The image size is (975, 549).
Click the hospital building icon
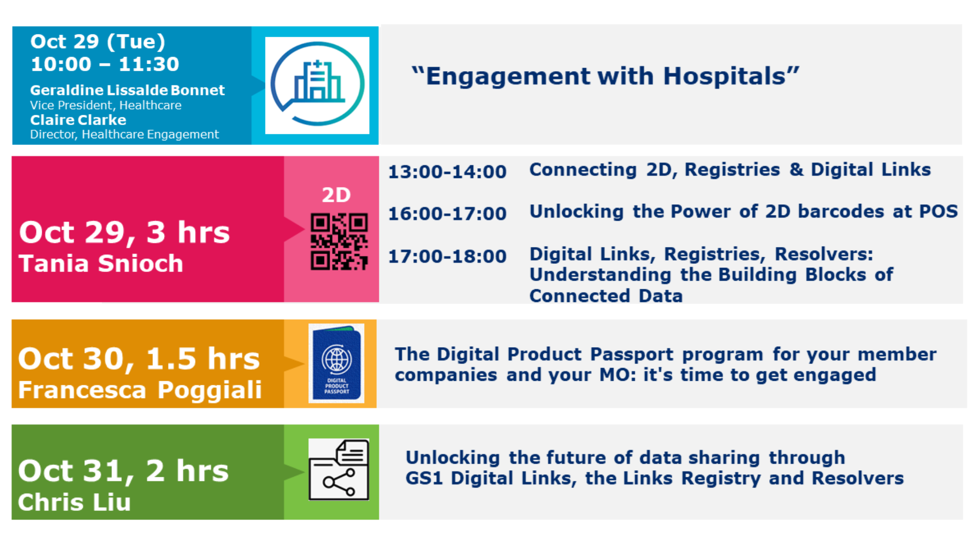point(317,84)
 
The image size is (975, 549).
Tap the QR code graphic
point(339,241)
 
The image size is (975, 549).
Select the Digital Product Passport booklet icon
point(336,363)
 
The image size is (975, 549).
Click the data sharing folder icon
point(339,469)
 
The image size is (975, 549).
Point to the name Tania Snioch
point(101,263)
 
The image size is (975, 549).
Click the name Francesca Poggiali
point(140,390)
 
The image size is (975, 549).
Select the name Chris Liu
point(74,502)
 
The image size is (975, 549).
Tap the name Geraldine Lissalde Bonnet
point(127,90)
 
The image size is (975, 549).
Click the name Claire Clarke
point(78,120)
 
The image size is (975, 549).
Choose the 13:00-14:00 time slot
point(447,172)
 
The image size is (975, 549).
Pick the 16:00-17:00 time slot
point(447,213)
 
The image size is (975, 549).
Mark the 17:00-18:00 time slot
point(447,256)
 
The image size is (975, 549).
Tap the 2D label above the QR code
point(336,195)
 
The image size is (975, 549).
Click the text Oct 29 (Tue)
point(98,42)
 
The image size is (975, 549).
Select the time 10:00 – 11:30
point(105,64)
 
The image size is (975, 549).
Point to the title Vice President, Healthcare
point(106,105)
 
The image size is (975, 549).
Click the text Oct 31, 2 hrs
point(123,471)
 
